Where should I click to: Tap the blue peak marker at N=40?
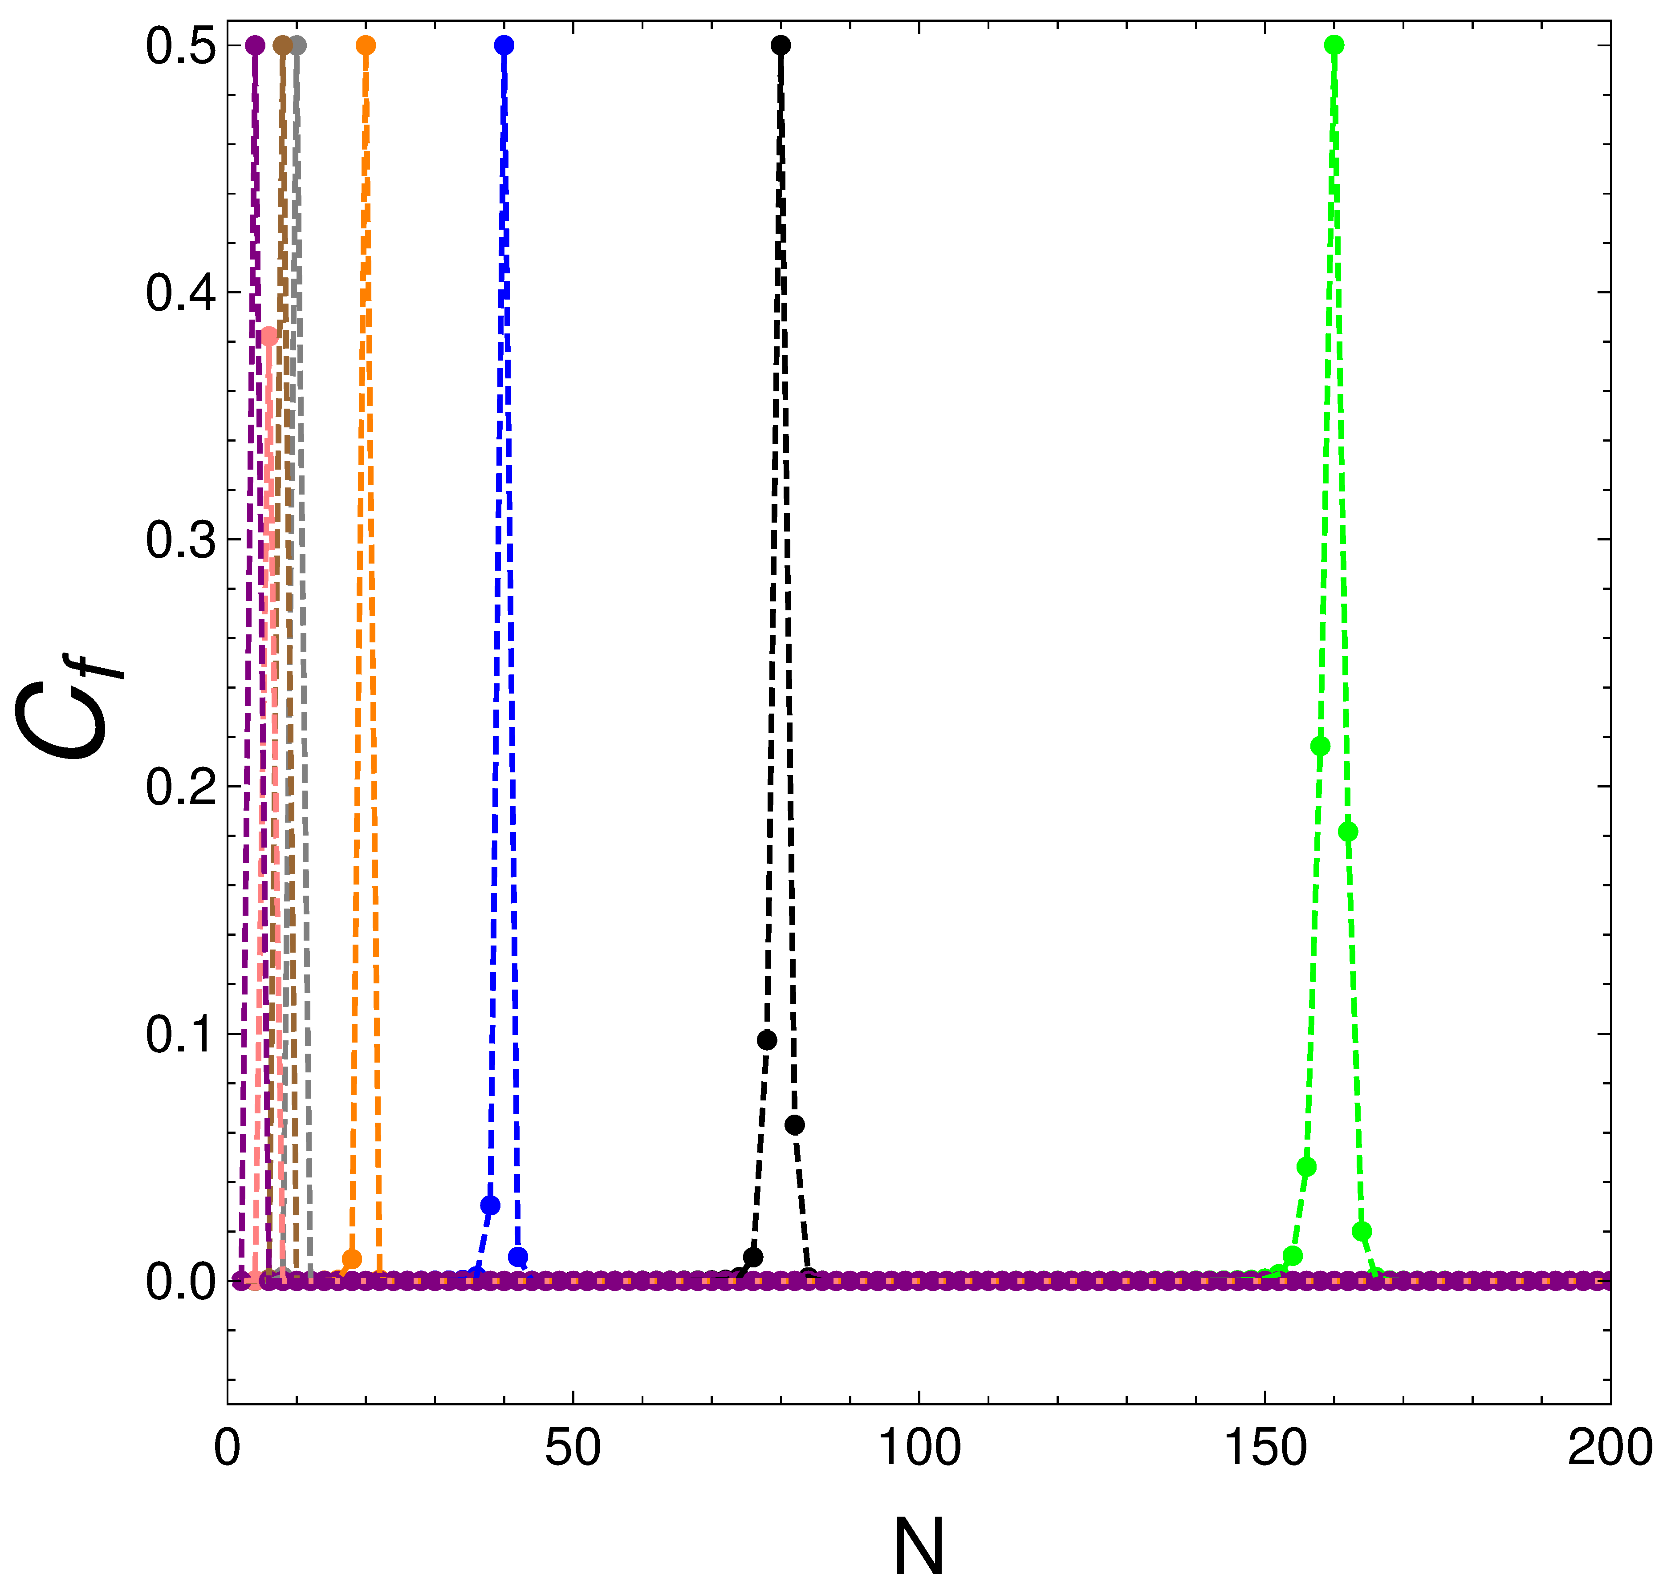[x=504, y=45]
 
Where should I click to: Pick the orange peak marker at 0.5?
[x=366, y=45]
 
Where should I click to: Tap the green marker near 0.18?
[x=1348, y=832]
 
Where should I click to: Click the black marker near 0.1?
[x=767, y=1041]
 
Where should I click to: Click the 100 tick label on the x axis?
[x=919, y=1448]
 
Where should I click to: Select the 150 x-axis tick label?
[x=1265, y=1448]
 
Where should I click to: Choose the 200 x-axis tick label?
[x=1609, y=1448]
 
